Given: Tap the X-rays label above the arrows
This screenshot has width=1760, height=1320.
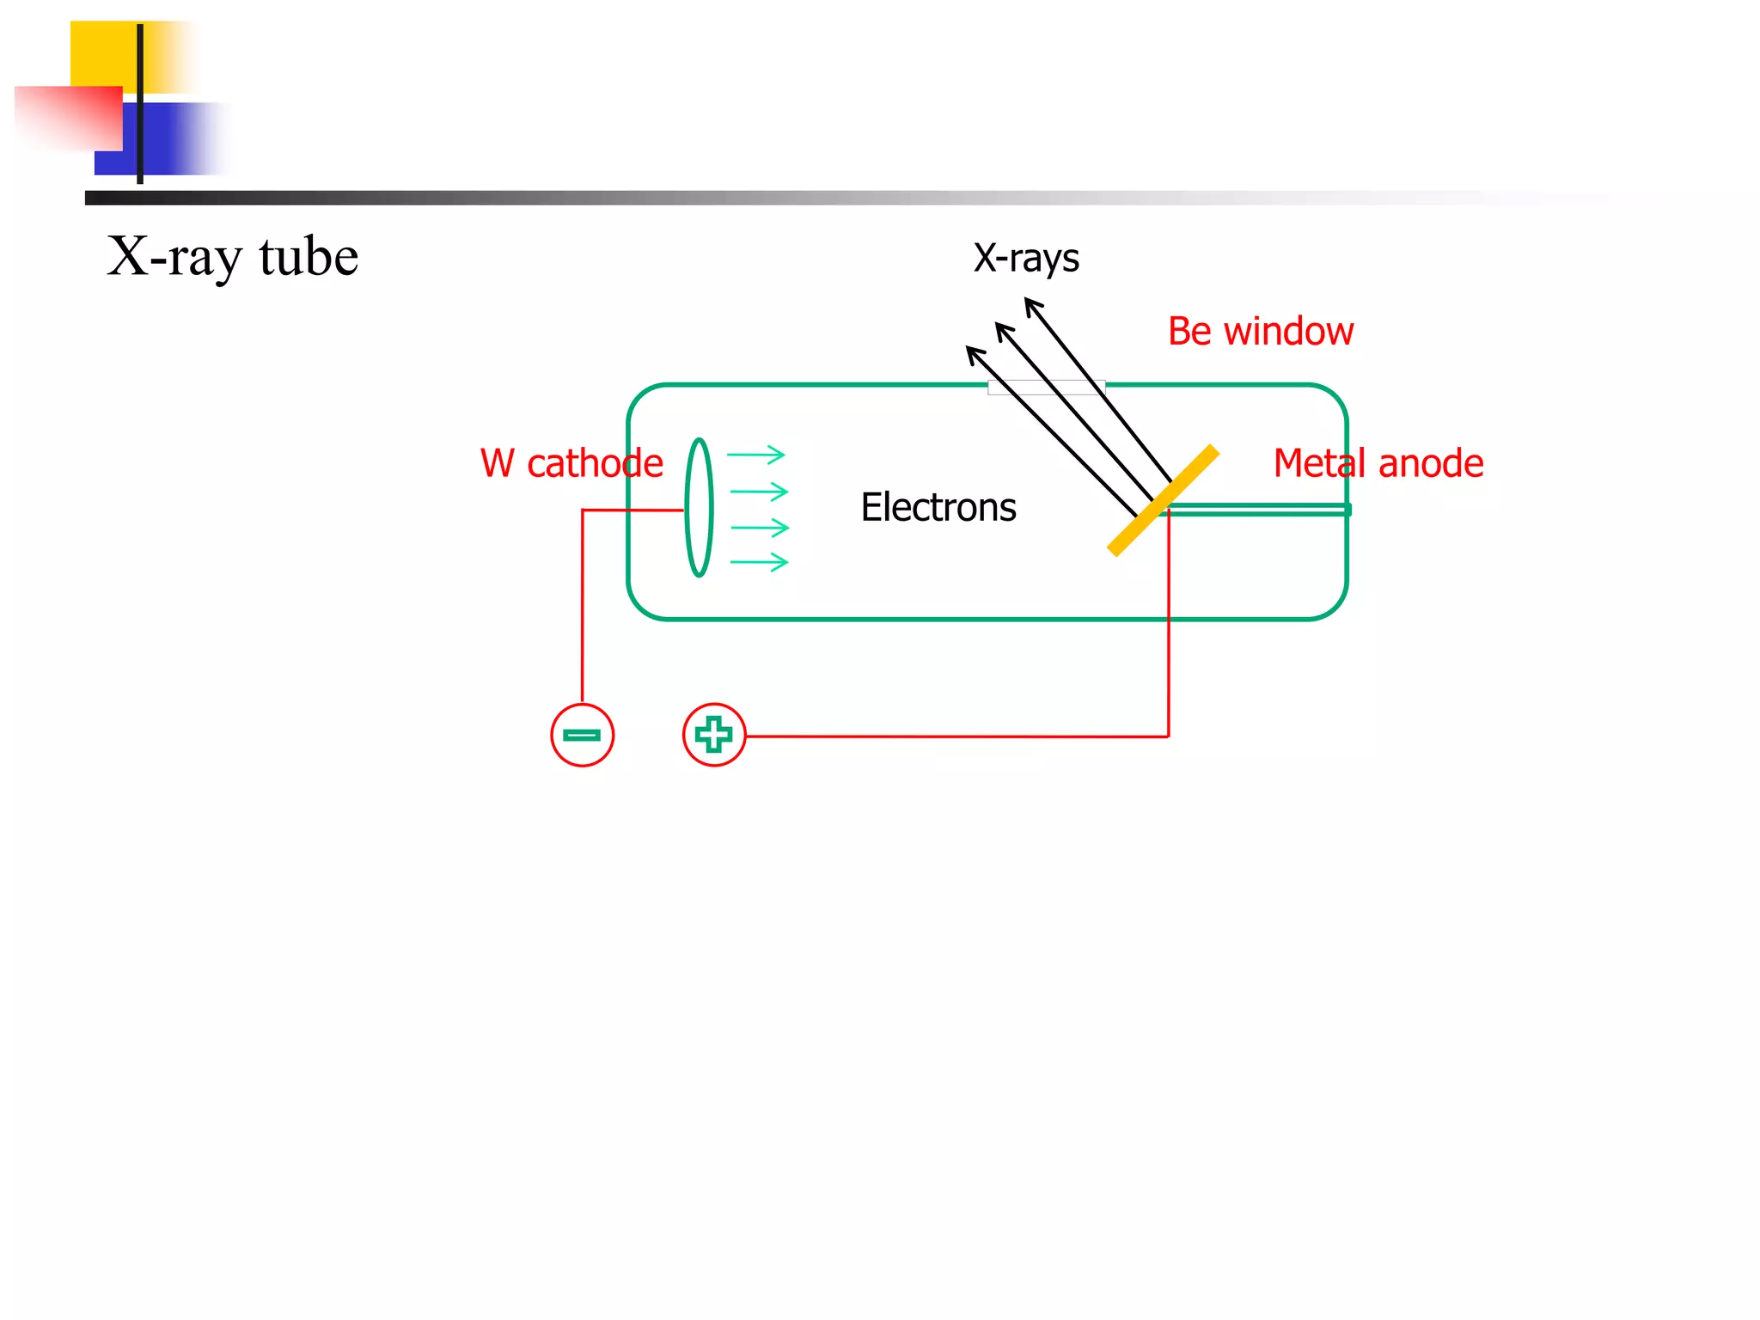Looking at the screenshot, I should [1026, 258].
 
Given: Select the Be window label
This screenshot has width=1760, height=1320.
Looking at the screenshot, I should [1260, 332].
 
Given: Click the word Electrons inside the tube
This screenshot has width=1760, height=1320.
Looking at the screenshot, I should [938, 507].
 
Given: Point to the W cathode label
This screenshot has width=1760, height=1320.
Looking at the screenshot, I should [571, 464].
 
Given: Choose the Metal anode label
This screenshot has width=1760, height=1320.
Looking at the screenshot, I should [1378, 464].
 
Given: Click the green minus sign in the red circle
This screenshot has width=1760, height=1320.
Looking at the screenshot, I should [582, 735].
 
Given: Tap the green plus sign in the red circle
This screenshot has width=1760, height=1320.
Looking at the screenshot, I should [713, 735].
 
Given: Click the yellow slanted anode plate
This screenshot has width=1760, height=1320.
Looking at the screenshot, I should [1163, 500].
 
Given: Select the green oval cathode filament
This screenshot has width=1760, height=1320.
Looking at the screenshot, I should [699, 507].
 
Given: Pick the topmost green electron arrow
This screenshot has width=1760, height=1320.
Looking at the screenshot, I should [756, 455].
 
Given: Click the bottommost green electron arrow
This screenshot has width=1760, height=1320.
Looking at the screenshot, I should [760, 563].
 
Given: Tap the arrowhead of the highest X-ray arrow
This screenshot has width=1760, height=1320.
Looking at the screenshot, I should [1031, 303].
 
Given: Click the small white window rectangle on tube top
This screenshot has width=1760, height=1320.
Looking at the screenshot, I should [1046, 388].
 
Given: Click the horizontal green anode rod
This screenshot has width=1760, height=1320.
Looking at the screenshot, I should [1259, 510].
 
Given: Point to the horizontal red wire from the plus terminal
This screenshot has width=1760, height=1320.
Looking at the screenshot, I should [954, 736].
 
